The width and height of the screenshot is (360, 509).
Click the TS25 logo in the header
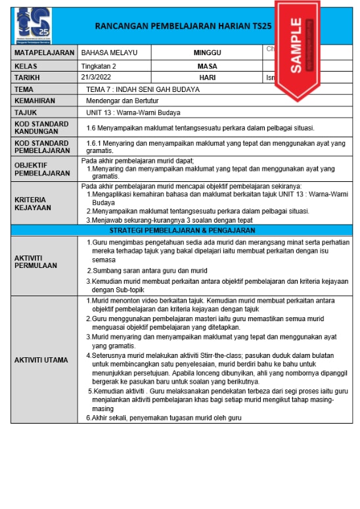[34, 25]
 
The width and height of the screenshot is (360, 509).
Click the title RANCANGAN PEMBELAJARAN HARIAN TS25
[183, 27]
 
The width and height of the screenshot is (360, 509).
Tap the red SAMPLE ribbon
[295, 45]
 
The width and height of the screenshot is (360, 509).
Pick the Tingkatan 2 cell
[99, 66]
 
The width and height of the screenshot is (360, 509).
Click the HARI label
[207, 77]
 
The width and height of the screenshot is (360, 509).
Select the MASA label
[207, 66]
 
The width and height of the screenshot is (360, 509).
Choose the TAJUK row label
[26, 112]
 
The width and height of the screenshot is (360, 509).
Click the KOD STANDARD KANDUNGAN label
[41, 127]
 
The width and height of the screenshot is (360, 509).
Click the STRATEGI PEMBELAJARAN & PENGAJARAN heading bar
[181, 231]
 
